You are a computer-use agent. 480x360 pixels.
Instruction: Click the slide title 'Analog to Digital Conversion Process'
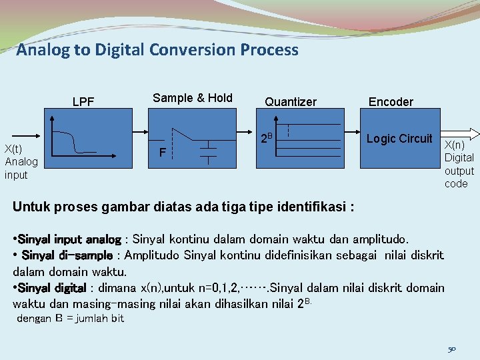[157, 50]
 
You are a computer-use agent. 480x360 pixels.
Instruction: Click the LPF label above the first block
[83, 102]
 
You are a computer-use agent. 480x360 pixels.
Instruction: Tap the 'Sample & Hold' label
[193, 98]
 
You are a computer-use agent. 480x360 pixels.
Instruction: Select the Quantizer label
[291, 102]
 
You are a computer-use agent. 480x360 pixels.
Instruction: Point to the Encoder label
[391, 102]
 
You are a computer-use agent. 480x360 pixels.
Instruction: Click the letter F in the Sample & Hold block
[162, 153]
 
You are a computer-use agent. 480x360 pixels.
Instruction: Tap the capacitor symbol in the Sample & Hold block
[209, 151]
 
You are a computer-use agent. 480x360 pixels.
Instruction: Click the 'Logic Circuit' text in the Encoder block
[399, 139]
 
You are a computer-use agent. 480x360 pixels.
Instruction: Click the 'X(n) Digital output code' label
[459, 164]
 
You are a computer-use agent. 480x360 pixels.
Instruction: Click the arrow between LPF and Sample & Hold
[140, 132]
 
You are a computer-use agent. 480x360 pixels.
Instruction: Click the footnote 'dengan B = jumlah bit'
[70, 319]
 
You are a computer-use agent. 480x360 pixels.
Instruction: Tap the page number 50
[451, 348]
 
